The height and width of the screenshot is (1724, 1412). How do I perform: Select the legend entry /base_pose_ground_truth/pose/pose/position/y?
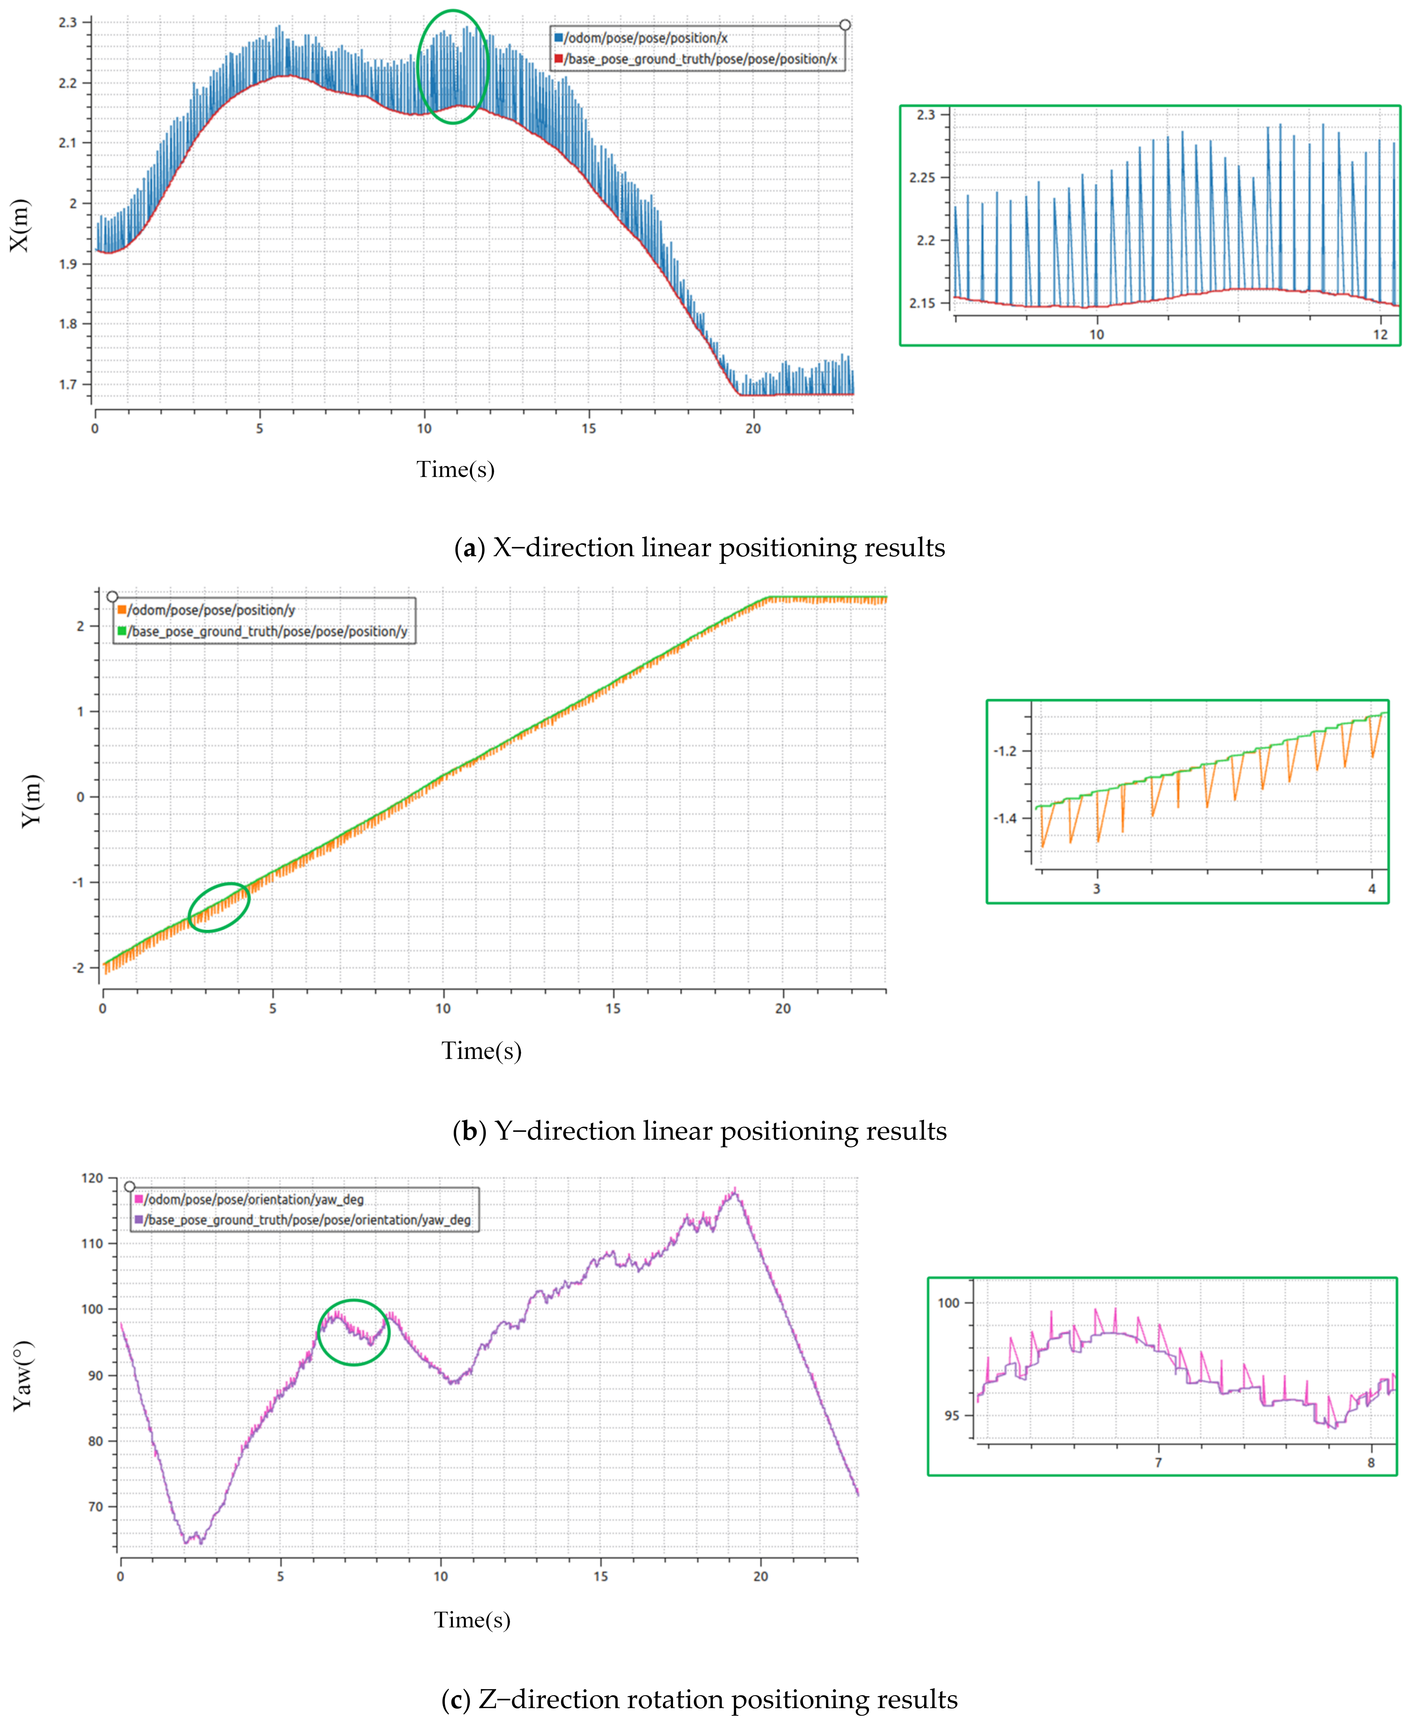tap(267, 631)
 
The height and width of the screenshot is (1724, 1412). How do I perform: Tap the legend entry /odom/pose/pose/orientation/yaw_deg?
tap(254, 1199)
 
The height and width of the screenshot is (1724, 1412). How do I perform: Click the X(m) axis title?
tap(20, 225)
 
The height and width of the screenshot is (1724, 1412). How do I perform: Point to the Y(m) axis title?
tap(31, 800)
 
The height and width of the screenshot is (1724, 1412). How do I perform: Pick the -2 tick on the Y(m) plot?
tap(79, 967)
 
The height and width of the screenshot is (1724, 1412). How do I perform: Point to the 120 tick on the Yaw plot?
tap(93, 1178)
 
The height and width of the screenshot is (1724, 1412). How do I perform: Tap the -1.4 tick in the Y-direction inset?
tap(1005, 818)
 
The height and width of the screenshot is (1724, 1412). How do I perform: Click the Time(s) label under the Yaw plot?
tap(472, 1620)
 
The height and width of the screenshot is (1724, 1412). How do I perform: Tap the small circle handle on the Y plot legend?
tap(112, 596)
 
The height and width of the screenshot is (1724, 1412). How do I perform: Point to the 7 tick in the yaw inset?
tap(1158, 1462)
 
